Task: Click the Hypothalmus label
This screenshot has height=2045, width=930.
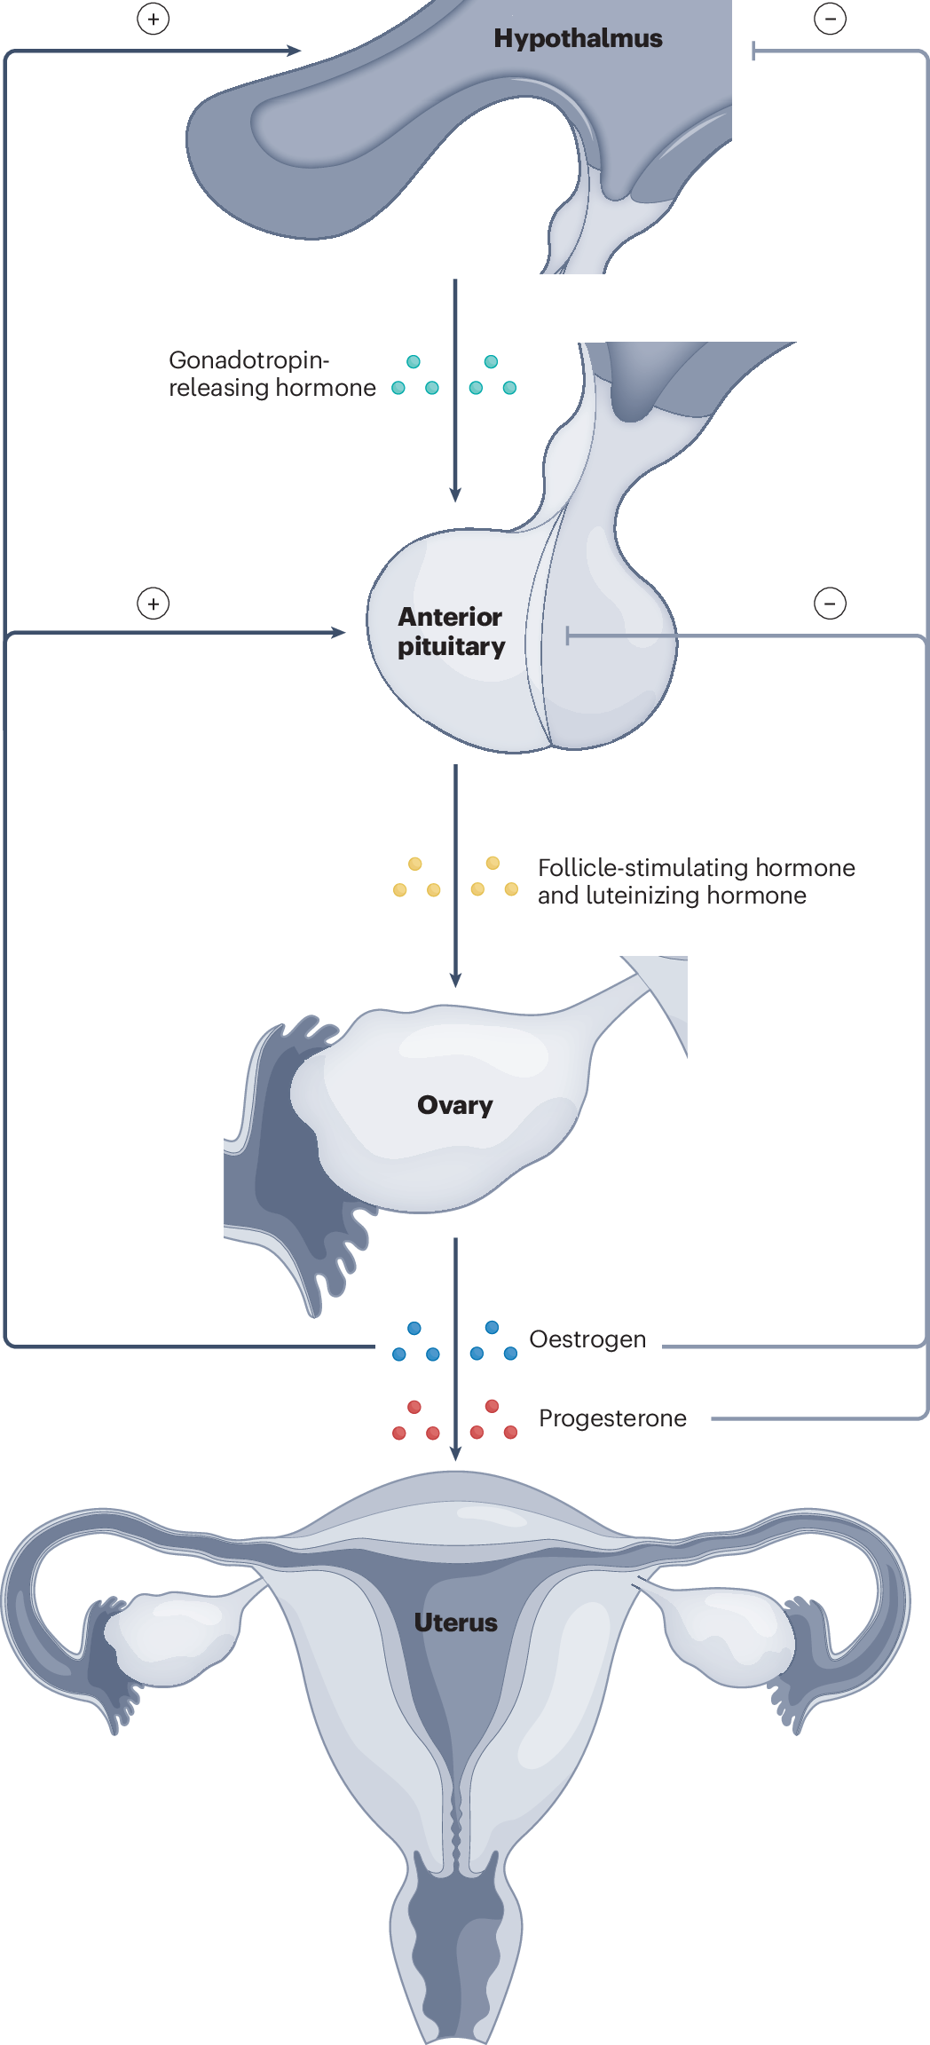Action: [578, 38]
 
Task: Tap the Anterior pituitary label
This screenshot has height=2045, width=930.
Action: [450, 631]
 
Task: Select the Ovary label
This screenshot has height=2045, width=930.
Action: [454, 1105]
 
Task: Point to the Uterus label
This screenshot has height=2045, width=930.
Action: [455, 1623]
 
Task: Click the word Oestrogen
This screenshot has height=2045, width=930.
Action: [587, 1339]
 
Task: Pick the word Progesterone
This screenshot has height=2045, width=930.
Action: [612, 1418]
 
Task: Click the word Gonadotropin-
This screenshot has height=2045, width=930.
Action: [248, 360]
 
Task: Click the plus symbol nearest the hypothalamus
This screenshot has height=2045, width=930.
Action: [154, 20]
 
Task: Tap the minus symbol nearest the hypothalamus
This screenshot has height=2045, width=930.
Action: [830, 19]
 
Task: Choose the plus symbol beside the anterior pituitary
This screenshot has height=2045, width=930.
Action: [154, 604]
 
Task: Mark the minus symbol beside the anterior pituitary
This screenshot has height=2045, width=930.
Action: [830, 604]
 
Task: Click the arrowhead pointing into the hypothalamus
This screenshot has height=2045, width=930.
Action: [295, 51]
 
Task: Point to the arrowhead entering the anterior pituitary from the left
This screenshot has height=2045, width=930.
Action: [338, 633]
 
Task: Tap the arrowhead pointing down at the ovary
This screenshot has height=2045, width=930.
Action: [455, 980]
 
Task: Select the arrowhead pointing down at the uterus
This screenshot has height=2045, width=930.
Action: [455, 1454]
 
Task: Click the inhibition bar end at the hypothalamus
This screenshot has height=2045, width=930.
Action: [753, 51]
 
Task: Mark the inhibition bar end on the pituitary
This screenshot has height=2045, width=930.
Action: [568, 636]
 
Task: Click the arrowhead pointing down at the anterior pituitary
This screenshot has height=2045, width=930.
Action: [455, 495]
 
